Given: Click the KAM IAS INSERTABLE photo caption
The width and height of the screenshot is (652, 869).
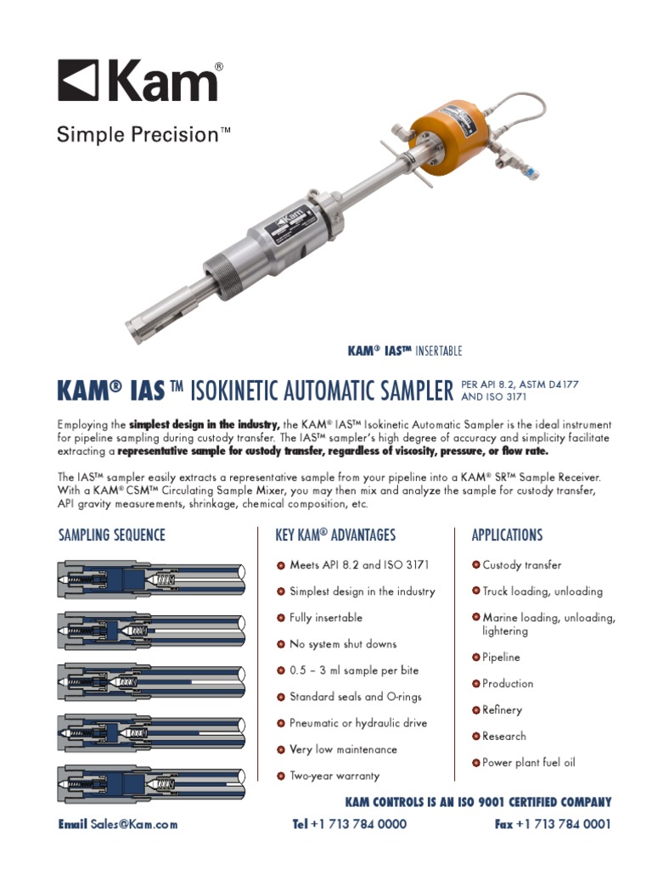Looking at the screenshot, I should [405, 351].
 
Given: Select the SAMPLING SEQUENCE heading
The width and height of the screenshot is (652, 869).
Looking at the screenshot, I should [111, 535].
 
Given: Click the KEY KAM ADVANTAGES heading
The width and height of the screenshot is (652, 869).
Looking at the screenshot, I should [335, 535].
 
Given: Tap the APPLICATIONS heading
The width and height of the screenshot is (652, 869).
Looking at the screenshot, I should [507, 535].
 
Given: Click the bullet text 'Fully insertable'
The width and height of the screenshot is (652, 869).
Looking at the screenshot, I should [326, 618].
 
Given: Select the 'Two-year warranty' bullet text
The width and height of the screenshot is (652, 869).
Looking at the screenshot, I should [334, 776].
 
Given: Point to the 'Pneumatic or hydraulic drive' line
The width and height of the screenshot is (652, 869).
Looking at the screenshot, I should [357, 723].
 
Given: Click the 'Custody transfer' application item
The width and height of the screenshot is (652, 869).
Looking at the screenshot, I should [522, 565].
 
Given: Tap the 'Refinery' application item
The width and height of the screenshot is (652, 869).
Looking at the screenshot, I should [502, 709].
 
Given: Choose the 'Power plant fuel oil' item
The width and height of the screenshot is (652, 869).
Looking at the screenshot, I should [528, 762].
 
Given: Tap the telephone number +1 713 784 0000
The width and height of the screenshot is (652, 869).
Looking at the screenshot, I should [358, 824].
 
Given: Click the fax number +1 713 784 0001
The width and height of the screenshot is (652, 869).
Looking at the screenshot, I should [562, 824].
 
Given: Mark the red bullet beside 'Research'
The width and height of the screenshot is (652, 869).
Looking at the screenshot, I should [476, 736].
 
